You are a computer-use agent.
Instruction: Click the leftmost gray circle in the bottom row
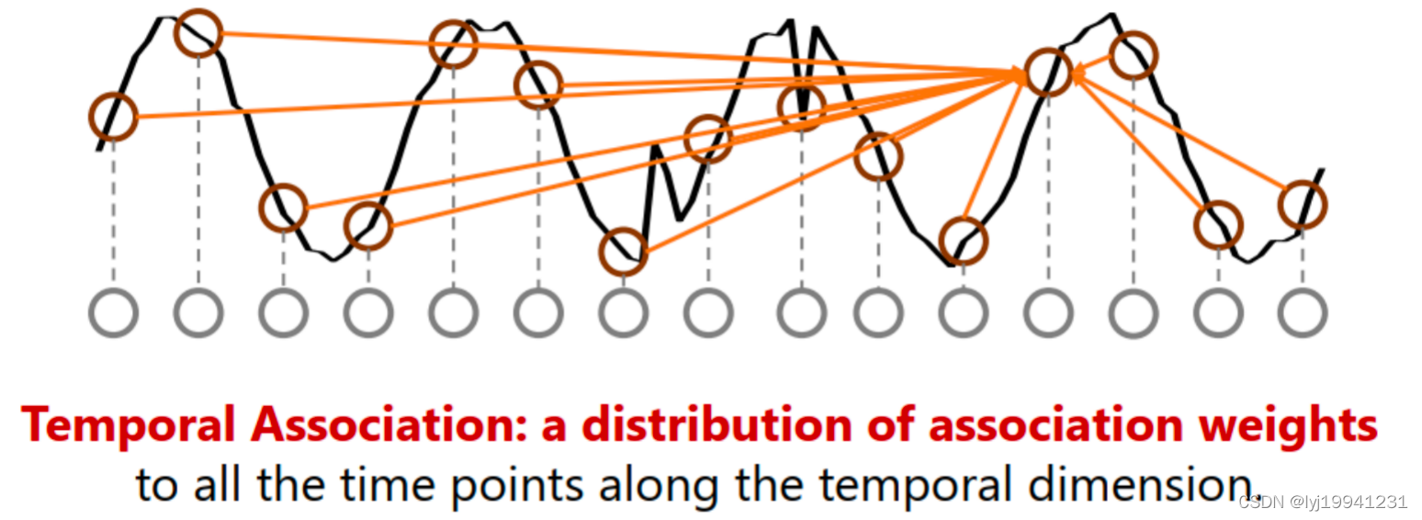113,313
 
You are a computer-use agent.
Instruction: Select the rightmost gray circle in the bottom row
1302,313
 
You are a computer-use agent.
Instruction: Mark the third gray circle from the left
283,313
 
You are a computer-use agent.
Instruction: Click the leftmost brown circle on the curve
113,117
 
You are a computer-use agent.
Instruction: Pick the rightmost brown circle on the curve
1302,204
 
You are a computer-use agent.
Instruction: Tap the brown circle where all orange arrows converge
1048,72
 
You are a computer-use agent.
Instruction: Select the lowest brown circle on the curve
623,251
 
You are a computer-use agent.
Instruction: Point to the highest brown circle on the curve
198,32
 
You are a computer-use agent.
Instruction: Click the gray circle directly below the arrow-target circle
1048,313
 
